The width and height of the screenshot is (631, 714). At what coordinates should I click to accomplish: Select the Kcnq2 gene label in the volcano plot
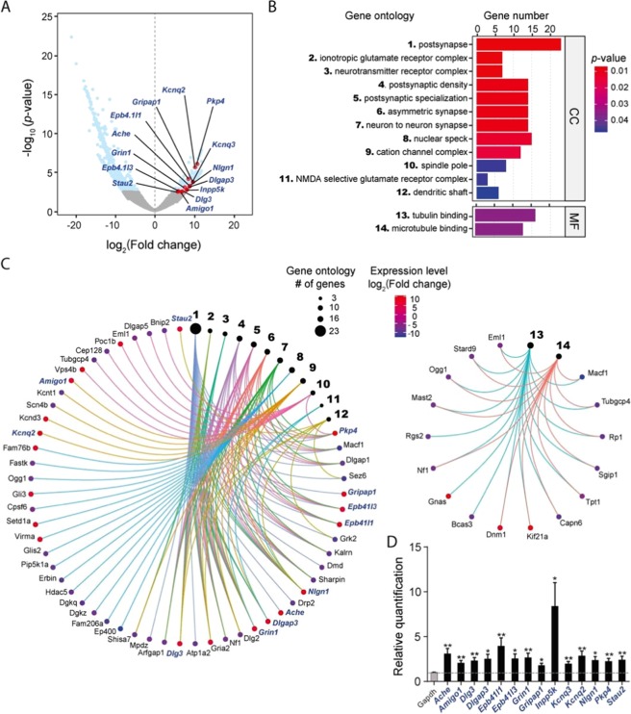[174, 64]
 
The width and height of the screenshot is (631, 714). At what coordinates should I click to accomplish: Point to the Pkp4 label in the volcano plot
[215, 101]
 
